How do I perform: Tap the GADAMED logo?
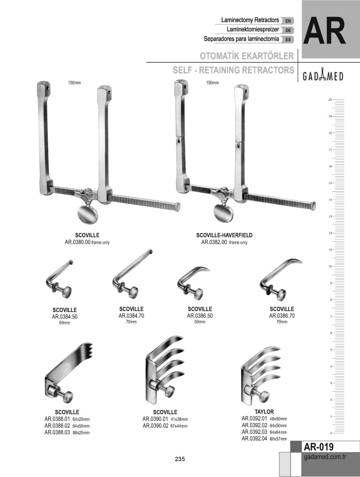coord(323,76)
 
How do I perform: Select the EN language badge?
coord(288,21)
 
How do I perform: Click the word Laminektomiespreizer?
coord(253,30)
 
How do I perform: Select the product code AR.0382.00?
coord(214,242)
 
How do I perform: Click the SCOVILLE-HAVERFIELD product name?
coord(224,235)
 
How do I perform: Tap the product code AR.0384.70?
coord(131,316)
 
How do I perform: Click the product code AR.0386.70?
coord(282,316)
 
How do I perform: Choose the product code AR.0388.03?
coord(57,432)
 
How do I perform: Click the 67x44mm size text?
coord(179,426)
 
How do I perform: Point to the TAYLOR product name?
coord(264,412)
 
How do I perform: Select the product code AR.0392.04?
coord(255,439)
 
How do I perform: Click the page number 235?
coord(180,459)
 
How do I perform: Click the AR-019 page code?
coord(319,447)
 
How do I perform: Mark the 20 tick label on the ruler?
coord(330,99)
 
